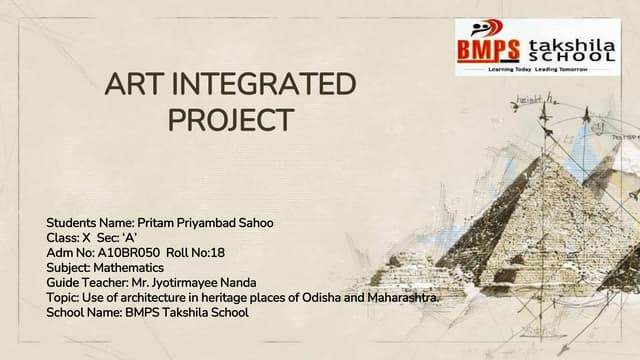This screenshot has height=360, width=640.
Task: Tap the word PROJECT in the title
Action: tap(229, 121)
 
